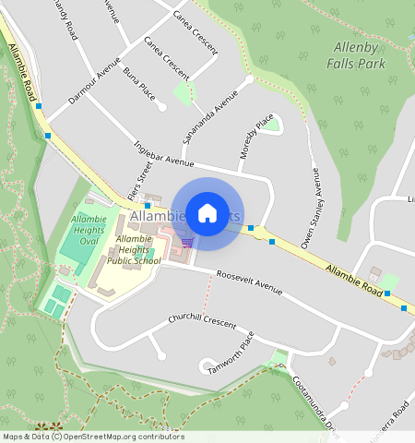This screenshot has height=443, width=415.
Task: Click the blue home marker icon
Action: [x=207, y=213]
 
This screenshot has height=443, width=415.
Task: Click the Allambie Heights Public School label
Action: [x=134, y=250]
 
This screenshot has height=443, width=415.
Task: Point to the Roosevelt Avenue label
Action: [x=250, y=281]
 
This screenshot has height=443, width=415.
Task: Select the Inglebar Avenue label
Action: [x=163, y=154]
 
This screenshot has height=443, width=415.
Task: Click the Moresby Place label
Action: [x=257, y=137]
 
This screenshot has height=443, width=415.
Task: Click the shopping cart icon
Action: [x=188, y=243]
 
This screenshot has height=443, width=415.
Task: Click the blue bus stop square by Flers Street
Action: [x=147, y=206]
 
